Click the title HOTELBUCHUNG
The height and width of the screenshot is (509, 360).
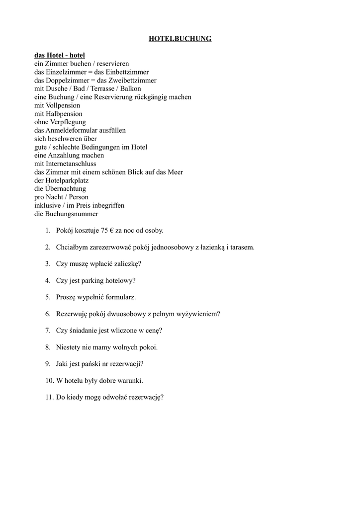[180, 39]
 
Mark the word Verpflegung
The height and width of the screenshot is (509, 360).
[67, 122]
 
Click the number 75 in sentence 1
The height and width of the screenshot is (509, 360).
[104, 231]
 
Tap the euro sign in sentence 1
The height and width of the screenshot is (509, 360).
[111, 231]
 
